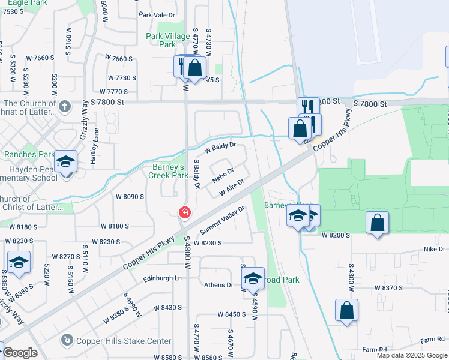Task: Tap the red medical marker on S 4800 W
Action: point(185,213)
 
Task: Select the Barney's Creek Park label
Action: point(169,171)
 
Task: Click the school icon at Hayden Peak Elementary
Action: point(66,162)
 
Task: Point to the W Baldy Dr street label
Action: point(220,146)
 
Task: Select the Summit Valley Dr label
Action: point(223,220)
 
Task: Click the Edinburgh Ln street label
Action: point(162,278)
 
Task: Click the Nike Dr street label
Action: point(435,249)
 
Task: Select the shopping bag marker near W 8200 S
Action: point(376,223)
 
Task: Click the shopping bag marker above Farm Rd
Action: point(346,310)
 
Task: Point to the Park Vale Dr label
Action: point(157,14)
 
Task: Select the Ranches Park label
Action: point(29,154)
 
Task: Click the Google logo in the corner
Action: point(20,353)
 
